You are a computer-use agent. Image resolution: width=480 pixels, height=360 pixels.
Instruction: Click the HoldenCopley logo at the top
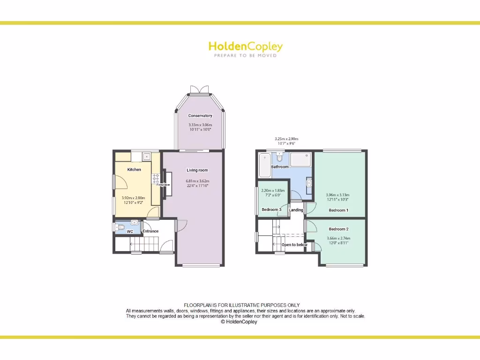[245, 47]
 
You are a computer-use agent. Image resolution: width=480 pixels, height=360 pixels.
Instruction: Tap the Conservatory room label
[200, 116]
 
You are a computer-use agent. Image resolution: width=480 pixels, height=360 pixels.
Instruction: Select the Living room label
[197, 170]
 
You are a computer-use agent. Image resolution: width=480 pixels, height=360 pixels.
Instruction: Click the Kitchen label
[134, 170]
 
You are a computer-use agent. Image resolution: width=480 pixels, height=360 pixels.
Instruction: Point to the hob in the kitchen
[155, 179]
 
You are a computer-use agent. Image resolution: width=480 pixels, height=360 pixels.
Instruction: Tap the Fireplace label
[163, 185]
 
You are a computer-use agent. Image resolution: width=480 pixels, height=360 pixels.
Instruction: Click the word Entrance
[150, 231]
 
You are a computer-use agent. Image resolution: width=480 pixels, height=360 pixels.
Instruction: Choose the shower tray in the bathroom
[301, 159]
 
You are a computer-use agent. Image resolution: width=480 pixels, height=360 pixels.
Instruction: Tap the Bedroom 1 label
[338, 210]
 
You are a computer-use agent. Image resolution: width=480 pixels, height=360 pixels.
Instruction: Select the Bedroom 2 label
[338, 229]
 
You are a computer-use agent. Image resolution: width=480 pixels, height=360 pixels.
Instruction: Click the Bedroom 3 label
[271, 210]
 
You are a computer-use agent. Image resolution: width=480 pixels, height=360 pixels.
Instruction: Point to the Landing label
[296, 210]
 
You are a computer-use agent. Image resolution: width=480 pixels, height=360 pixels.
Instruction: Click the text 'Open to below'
[294, 245]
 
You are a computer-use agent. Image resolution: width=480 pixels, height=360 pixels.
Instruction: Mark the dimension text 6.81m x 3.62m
[197, 181]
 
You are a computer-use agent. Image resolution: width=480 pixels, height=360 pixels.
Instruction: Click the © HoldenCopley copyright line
[239, 322]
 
